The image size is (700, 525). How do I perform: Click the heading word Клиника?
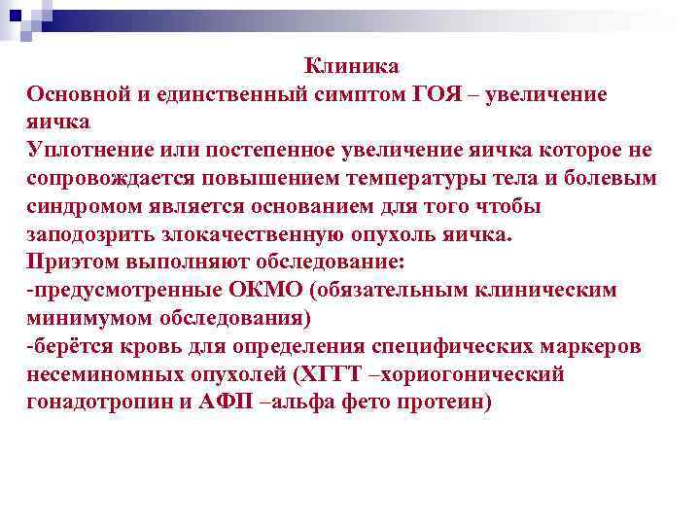[x=351, y=66]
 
